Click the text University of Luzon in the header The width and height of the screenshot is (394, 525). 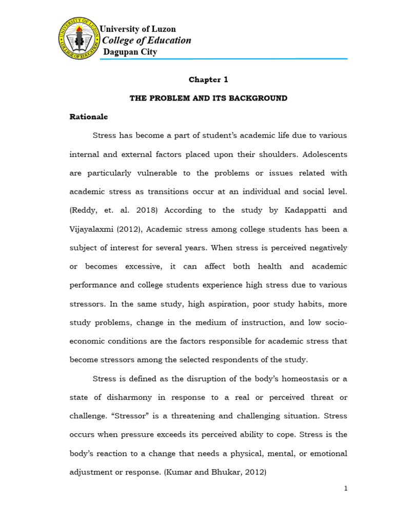click(137, 29)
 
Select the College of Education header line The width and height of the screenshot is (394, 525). click(147, 41)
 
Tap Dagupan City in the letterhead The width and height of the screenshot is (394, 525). click(130, 52)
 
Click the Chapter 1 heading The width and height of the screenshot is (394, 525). click(208, 79)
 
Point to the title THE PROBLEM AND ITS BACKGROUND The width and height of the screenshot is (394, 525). click(208, 98)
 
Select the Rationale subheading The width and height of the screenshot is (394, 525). click(89, 117)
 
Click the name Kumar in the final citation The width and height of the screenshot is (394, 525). click(184, 472)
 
